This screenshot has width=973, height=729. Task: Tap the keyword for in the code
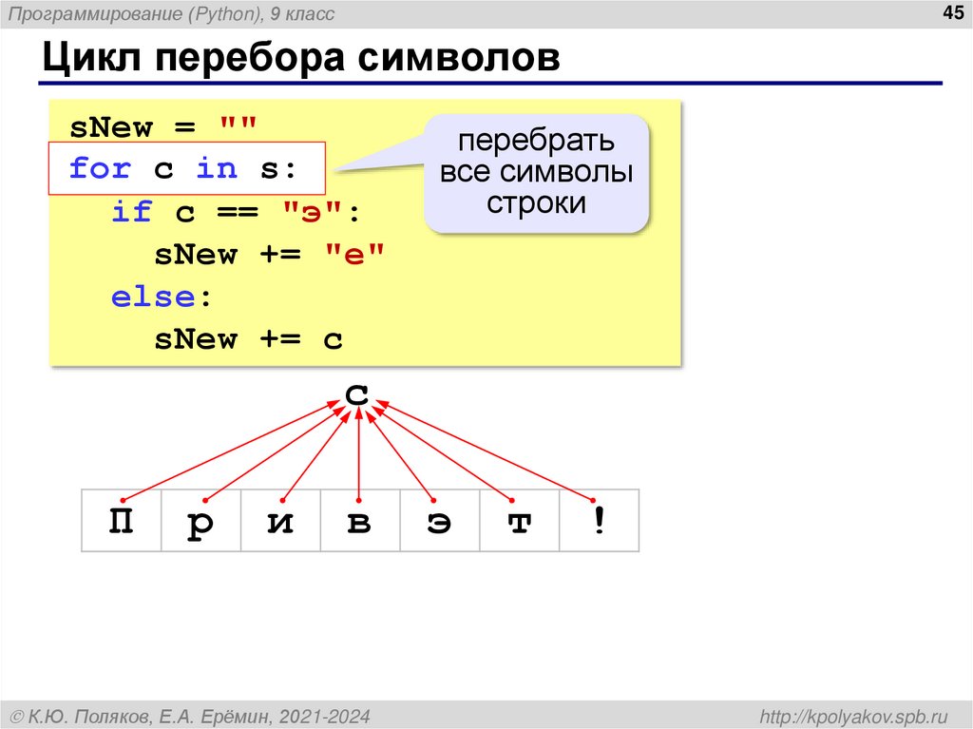tap(100, 169)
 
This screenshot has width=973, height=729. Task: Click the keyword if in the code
tap(132, 212)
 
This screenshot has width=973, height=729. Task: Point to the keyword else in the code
tap(153, 297)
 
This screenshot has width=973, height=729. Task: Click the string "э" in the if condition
tap(314, 212)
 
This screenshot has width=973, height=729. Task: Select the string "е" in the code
tap(355, 255)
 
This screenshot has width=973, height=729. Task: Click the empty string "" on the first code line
tap(238, 126)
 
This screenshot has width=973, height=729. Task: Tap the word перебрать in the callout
tap(536, 142)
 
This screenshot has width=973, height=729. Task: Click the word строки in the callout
tap(536, 203)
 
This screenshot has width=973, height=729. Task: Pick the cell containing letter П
tap(122, 521)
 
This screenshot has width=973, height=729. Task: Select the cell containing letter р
tap(200, 521)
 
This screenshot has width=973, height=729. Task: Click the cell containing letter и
tap(280, 521)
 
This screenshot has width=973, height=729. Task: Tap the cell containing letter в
tap(360, 521)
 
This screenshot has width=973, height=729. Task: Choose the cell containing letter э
tap(439, 521)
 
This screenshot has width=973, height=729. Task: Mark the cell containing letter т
tap(519, 521)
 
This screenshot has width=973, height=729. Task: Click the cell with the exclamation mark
tap(599, 521)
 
